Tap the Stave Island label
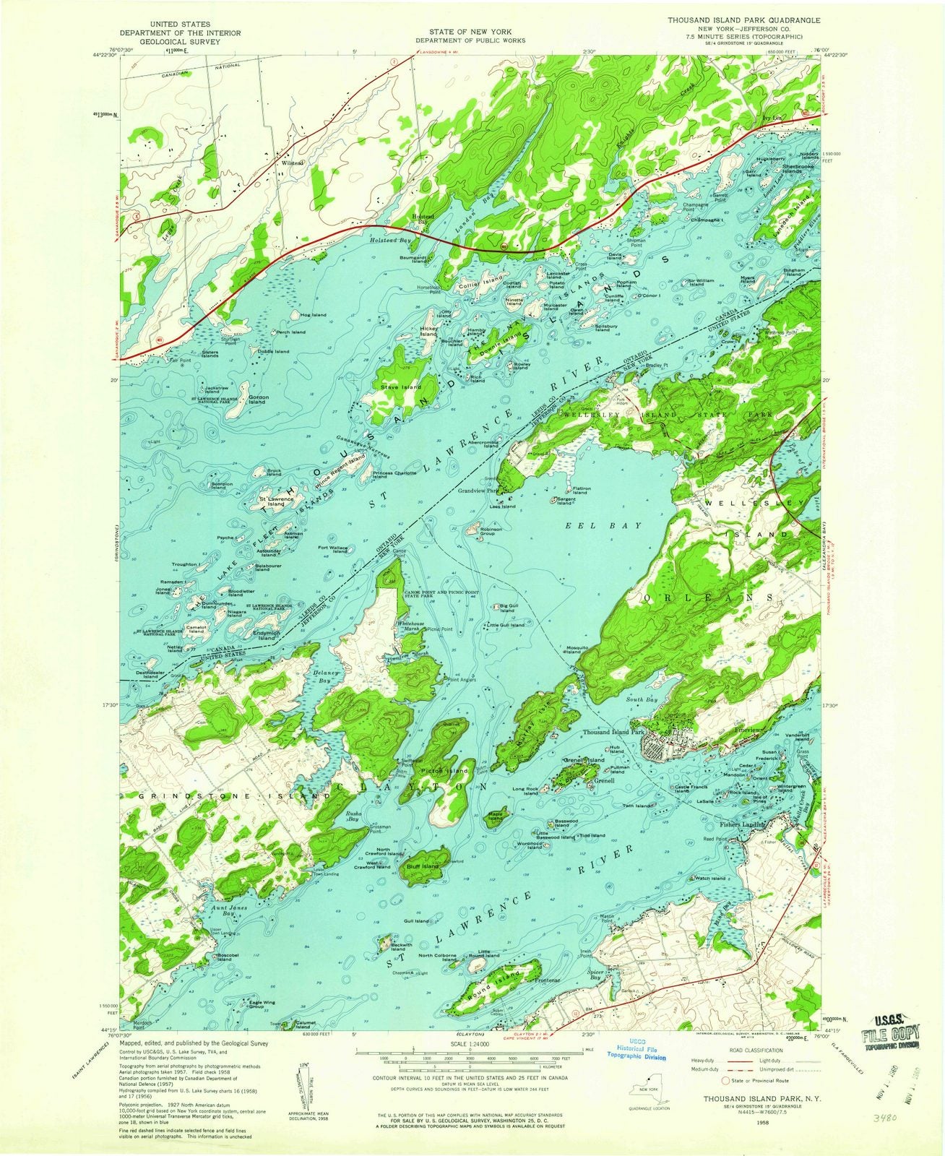pos(400,388)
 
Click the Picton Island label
pos(449,772)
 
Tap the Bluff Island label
pos(423,866)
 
